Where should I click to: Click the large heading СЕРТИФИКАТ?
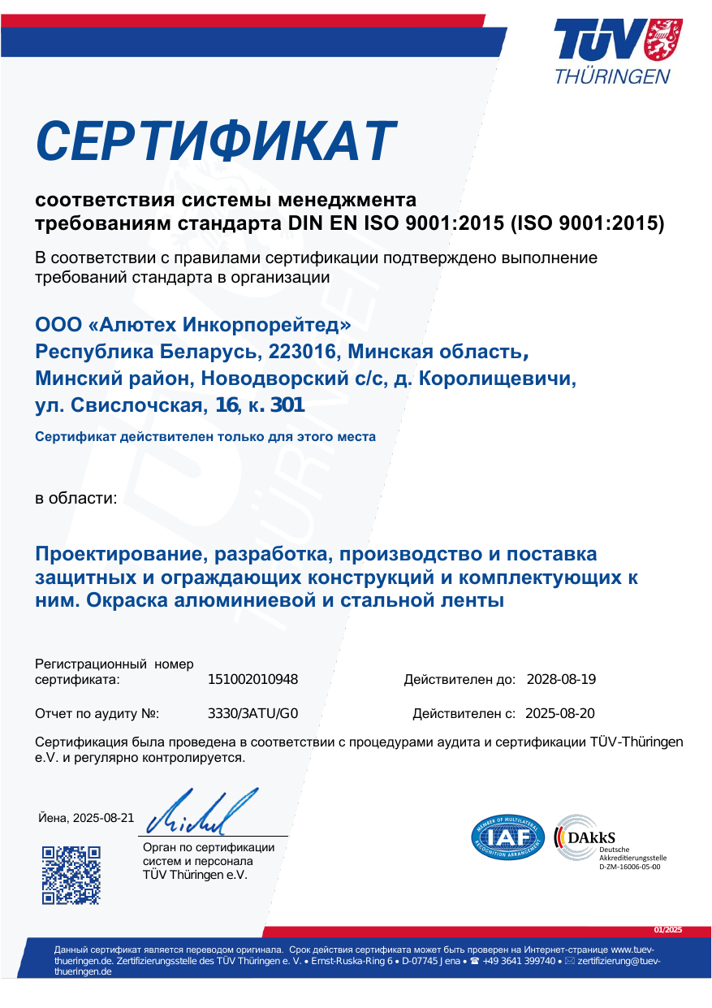pos(216,141)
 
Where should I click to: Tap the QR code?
pos(71,874)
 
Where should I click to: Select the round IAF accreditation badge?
pos(507,837)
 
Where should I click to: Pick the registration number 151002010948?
pos(253,680)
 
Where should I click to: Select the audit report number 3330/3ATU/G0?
pos(254,714)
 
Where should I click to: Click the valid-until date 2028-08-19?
pos(562,680)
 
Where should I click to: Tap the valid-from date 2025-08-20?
pos(560,714)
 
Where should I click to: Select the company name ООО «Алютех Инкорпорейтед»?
pos(193,325)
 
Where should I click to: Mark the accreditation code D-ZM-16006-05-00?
pos(630,867)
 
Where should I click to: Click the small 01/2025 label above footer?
pos(668,930)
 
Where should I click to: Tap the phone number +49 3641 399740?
pos(519,961)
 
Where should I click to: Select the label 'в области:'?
pos(76,497)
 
